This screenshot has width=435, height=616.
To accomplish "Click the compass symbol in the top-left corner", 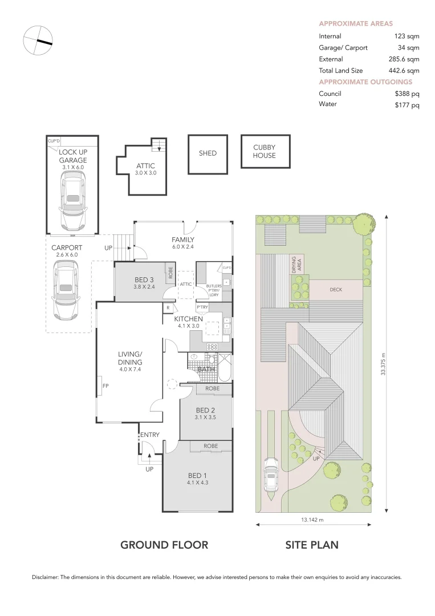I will tap(38, 40).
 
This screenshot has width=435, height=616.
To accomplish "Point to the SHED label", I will tap(208, 153).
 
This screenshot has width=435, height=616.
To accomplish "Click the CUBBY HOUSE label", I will tap(264, 151).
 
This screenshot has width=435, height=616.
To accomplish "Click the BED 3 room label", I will tap(144, 279).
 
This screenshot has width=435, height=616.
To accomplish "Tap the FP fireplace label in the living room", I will tap(105, 386).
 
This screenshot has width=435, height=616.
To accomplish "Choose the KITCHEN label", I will tap(188, 319).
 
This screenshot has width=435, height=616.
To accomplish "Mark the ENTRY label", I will tap(150, 435).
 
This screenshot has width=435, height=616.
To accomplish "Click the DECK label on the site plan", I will tap(336, 290).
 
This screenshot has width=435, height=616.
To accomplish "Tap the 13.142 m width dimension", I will tap(312, 520).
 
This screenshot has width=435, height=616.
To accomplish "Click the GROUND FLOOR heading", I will tap(164, 545).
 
